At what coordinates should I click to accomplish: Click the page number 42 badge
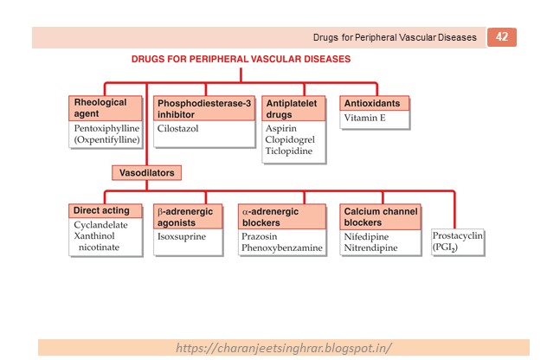[502, 37]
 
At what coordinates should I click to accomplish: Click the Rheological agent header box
[104, 108]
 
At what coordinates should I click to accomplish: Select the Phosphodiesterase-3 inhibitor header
[204, 108]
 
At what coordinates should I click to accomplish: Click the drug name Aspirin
[281, 128]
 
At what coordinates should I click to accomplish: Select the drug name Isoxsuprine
[181, 235]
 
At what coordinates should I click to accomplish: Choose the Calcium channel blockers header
[381, 216]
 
